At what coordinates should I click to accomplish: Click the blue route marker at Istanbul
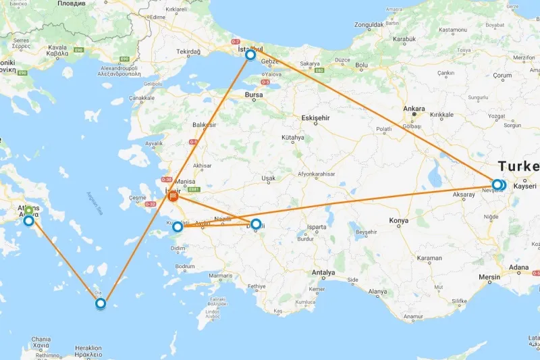[x=250, y=55]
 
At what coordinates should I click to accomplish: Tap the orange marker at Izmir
[x=173, y=197]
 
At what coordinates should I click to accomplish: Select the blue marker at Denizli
[x=256, y=224]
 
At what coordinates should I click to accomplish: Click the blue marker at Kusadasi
[x=178, y=228]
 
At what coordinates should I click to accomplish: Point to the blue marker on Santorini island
[x=101, y=303]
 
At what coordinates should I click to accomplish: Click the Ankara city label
[x=414, y=108]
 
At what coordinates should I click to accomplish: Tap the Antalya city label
[x=323, y=273]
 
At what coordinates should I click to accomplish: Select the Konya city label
[x=399, y=221]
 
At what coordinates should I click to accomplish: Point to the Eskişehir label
[x=315, y=118]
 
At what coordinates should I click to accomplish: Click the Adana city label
[x=520, y=267]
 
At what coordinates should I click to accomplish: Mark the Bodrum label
[x=184, y=267]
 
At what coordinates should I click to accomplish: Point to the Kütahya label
[x=293, y=137]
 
